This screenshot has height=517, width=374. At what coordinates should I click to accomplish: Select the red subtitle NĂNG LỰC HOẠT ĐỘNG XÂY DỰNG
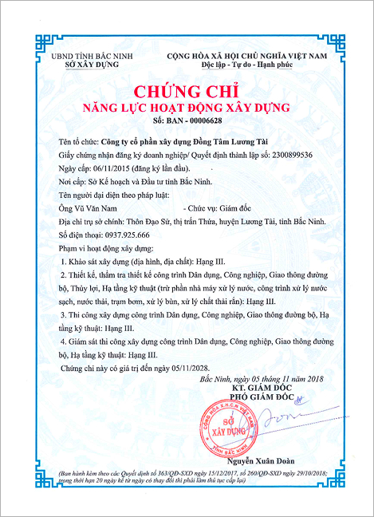point(187,106)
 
